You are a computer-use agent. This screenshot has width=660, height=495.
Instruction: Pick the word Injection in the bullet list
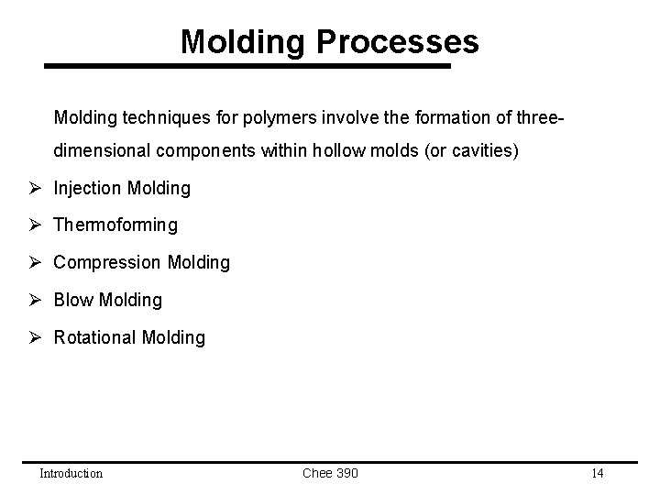click(88, 188)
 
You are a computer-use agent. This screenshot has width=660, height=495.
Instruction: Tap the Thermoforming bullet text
click(115, 225)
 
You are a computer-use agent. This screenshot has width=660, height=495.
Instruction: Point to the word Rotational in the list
click(95, 337)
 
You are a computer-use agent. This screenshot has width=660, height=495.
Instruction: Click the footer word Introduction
click(71, 473)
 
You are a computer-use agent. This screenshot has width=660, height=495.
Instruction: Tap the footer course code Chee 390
click(330, 473)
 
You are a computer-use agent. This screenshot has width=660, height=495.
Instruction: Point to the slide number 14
click(597, 473)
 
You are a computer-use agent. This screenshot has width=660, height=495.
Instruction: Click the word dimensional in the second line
click(100, 150)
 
